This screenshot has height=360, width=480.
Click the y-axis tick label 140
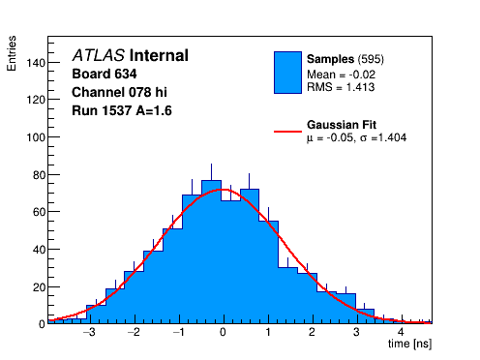pos(36,63)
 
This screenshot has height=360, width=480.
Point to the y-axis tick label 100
pos(36,137)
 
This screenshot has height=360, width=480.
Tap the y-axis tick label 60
pos(39,212)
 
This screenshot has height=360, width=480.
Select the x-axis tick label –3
pos(89,332)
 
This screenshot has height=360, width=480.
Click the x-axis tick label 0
pos(223,332)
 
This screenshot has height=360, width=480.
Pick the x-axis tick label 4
pos(401,332)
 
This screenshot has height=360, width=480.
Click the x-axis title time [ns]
pos(409,344)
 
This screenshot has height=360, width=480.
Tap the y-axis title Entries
pos(12,53)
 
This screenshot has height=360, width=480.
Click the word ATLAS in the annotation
pos(99,55)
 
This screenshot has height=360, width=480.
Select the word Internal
pos(159,55)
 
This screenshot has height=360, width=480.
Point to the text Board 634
pos(105,74)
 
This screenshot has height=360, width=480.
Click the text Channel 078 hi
pos(119,92)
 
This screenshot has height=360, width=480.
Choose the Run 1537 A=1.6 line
pos(122,110)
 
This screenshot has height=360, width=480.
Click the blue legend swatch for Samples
pos(287,73)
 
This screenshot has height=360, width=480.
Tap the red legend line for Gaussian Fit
pos(287,132)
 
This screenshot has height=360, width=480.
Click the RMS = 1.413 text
pos(341,87)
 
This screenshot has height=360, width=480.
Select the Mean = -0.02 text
pos(341,75)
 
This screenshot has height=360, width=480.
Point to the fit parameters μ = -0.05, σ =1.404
pos(356,138)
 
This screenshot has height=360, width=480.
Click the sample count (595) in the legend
pos(371,59)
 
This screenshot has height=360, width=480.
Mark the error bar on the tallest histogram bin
pos(211,172)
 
